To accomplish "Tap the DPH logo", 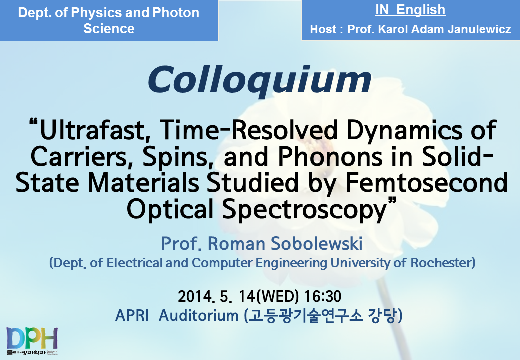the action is coord(32,341).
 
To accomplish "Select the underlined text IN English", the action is coord(410,10).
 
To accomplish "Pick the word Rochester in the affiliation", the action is coord(443,263).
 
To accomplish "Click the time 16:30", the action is coord(322,296).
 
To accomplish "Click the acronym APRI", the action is coord(132,315).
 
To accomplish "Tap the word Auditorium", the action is coord(198,315).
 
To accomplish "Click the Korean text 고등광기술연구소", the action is coord(305,316).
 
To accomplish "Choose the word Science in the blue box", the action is coord(109,29).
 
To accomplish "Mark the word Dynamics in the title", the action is coord(404,130).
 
